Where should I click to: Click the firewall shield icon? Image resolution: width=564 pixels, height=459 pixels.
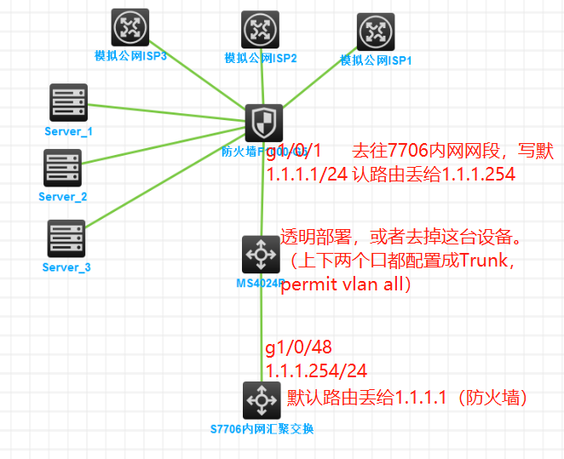263,124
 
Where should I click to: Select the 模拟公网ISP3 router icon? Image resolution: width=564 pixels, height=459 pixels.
130,27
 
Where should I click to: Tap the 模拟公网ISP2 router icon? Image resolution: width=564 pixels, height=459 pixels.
260,30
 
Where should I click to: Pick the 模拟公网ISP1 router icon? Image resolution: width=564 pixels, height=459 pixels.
376,33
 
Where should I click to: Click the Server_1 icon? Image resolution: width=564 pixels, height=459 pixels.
68,103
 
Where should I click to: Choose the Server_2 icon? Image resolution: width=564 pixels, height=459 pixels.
63,168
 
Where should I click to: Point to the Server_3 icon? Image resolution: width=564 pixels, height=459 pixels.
66,238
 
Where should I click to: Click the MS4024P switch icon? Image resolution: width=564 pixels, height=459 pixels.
260,255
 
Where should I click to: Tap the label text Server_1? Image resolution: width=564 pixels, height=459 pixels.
68,132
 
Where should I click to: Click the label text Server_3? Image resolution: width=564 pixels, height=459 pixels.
66,267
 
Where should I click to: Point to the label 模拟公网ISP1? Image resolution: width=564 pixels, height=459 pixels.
376,60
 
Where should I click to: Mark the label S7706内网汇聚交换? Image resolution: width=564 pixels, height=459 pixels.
262,429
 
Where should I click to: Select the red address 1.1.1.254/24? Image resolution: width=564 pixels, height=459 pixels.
316,372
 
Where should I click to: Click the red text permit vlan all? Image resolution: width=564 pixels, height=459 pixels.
345,284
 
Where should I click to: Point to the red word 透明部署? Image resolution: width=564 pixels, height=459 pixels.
315,236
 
